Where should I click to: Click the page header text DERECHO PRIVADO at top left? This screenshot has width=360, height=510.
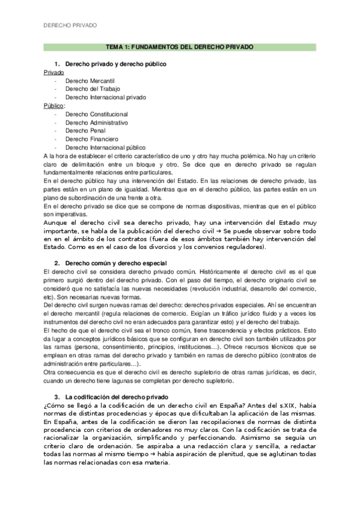70,26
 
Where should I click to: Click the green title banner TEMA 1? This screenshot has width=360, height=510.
180,46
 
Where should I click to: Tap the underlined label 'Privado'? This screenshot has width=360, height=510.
54,72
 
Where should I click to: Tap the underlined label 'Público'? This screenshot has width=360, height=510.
54,105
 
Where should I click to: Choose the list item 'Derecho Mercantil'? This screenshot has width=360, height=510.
90,81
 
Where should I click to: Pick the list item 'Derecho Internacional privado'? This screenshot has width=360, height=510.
105,97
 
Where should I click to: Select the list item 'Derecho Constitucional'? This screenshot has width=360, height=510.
97,114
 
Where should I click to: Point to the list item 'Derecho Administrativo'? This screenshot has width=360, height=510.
97,122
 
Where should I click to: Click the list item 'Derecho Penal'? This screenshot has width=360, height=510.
84,131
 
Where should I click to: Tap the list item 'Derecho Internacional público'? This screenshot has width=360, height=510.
105,147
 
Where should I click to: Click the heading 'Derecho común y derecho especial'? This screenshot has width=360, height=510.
115,263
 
